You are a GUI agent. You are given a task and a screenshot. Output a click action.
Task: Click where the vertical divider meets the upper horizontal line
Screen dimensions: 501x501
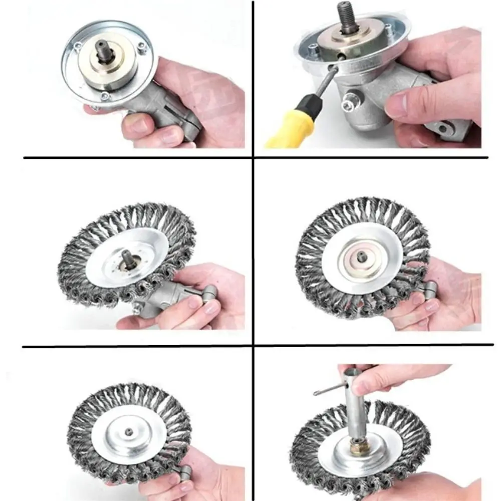pyautogui.click(x=253, y=158)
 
